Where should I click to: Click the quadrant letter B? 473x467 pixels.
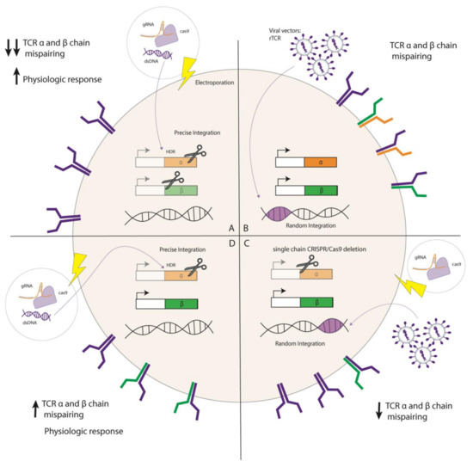246,227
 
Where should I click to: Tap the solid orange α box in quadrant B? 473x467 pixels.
319,160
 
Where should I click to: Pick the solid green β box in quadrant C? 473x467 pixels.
319,302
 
